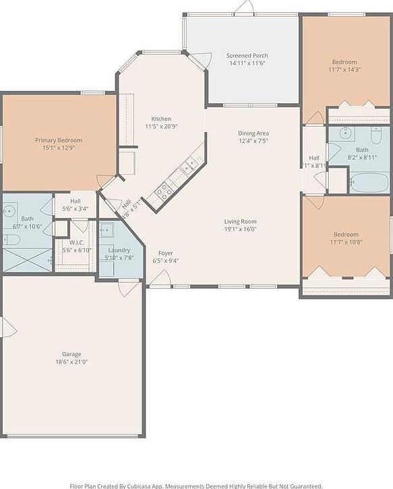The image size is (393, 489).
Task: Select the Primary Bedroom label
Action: (x=59, y=140)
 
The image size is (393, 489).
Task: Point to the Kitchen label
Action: (x=161, y=119)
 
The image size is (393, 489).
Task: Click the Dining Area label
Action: (x=253, y=133)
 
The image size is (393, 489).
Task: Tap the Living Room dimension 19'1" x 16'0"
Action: (x=240, y=229)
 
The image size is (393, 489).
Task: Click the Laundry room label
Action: (x=119, y=250)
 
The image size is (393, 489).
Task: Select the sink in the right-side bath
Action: (x=343, y=132)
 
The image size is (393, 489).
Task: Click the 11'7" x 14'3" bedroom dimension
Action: (x=344, y=69)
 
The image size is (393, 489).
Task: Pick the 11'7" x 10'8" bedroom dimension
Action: (x=345, y=241)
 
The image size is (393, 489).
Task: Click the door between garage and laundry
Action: (x=127, y=288)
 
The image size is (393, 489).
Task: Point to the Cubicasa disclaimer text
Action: (x=196, y=485)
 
